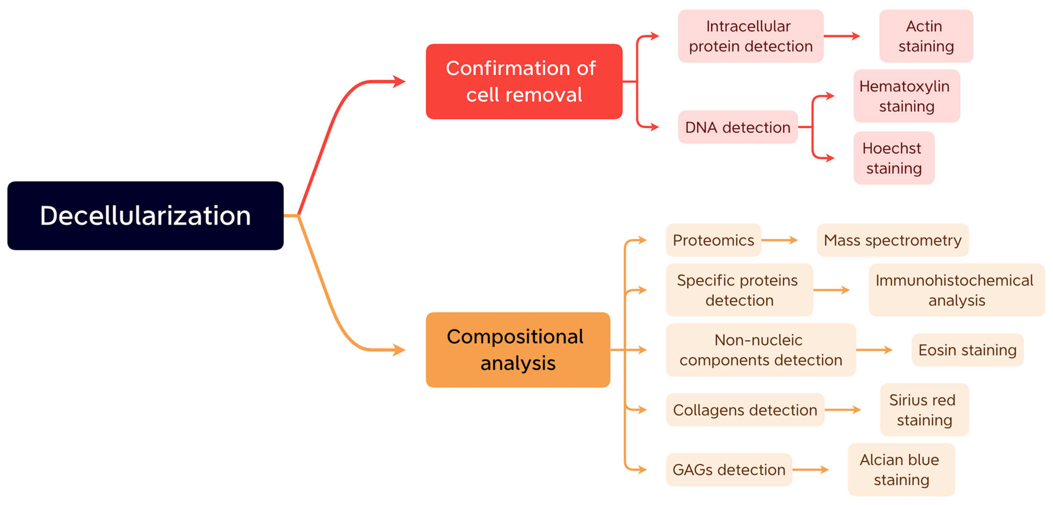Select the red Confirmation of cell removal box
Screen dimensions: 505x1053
tap(524, 81)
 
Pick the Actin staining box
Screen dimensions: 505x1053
tap(926, 36)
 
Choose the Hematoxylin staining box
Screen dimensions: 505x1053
tap(906, 96)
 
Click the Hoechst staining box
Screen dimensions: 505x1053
tap(893, 158)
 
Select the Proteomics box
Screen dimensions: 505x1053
tap(713, 240)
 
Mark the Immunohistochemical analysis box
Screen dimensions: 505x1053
tap(956, 290)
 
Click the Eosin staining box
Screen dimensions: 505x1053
tap(967, 350)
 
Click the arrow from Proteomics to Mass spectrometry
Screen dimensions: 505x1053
tap(779, 240)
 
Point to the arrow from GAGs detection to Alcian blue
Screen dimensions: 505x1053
tap(810, 470)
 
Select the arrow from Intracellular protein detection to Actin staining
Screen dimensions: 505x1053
tap(841, 36)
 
